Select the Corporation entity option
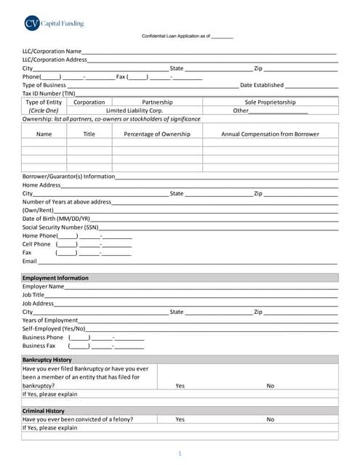point(89,102)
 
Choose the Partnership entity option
point(157,102)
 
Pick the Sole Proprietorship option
point(270,102)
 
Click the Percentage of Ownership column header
point(157,134)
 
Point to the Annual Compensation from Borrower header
point(270,134)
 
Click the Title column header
point(89,134)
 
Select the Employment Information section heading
point(55,278)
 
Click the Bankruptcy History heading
point(47,360)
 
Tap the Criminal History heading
point(44,411)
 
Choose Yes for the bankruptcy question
point(180,386)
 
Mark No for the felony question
point(270,419)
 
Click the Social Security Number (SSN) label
point(60,227)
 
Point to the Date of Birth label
point(56,218)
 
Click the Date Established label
point(262,85)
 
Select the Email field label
point(30,261)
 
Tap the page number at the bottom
point(180,453)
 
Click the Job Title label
point(33,295)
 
